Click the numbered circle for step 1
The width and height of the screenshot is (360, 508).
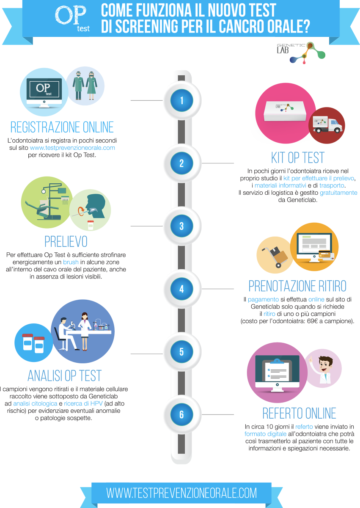[x=181, y=100]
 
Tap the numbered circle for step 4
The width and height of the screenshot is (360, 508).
[x=181, y=289]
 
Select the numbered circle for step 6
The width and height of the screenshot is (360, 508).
[x=181, y=414]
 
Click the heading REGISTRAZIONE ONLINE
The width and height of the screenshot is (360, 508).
[x=62, y=127]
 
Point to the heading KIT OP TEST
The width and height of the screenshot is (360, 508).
[x=298, y=157]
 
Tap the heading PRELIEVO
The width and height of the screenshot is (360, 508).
[x=66, y=242]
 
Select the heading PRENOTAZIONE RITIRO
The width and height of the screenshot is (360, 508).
[x=297, y=286]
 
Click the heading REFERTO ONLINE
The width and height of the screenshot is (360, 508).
[x=299, y=413]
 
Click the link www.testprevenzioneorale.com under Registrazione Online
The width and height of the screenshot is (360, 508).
[x=72, y=148]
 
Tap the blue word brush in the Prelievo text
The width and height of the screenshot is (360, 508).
[x=71, y=262]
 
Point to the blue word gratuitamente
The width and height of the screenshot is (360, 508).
[x=338, y=193]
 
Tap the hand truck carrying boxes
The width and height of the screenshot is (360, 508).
[x=275, y=257]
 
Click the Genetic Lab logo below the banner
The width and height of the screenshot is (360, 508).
[x=301, y=52]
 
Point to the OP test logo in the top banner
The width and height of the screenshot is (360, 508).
[x=72, y=18]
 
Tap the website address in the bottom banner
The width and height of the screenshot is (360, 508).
[x=181, y=493]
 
